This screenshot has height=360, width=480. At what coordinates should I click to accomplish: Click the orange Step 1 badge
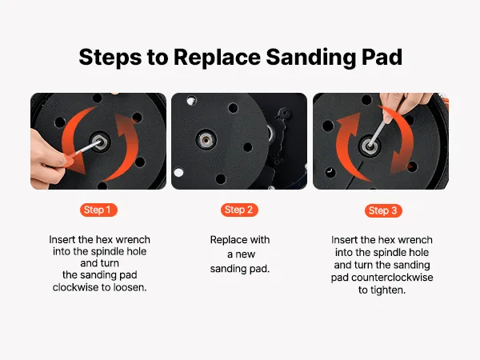pyautogui.click(x=98, y=210)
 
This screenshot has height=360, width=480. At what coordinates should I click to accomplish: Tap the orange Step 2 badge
pyautogui.click(x=239, y=210)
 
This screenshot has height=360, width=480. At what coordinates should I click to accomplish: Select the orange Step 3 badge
pyautogui.click(x=383, y=210)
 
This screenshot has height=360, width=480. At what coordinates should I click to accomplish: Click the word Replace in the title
pyautogui.click(x=217, y=57)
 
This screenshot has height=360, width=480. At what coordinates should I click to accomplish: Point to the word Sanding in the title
pyautogui.click(x=311, y=58)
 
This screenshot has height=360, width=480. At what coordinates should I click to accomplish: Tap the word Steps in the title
pyautogui.click(x=110, y=58)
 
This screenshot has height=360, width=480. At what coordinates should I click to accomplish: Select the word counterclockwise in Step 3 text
pyautogui.click(x=392, y=278)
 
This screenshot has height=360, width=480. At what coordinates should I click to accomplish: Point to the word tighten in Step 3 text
pyautogui.click(x=388, y=290)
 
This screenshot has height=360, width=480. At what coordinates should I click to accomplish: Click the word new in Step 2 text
pyautogui.click(x=246, y=254)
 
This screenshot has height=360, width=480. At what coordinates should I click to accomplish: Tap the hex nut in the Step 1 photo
pyautogui.click(x=99, y=142)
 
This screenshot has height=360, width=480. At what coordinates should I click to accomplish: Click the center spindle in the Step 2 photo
pyautogui.click(x=206, y=139)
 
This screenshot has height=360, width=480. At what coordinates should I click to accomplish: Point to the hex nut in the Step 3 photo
pyautogui.click(x=370, y=146)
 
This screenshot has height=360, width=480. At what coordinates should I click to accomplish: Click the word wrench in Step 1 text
pyautogui.click(x=132, y=240)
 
